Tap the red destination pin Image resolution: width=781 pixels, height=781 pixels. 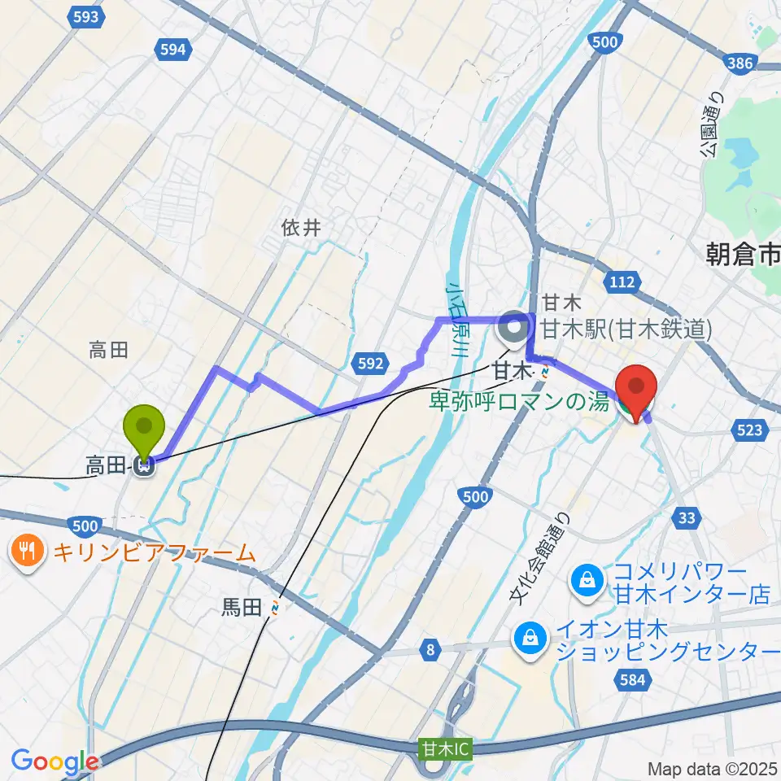pyautogui.click(x=636, y=386)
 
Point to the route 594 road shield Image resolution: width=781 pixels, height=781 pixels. pyautogui.click(x=172, y=50)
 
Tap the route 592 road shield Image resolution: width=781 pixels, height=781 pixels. pyautogui.click(x=370, y=364)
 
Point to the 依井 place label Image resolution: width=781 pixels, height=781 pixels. pyautogui.click(x=301, y=229)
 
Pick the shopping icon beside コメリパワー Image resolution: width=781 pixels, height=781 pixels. pyautogui.click(x=586, y=579)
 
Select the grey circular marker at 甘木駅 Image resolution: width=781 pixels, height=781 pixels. pyautogui.click(x=513, y=329)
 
